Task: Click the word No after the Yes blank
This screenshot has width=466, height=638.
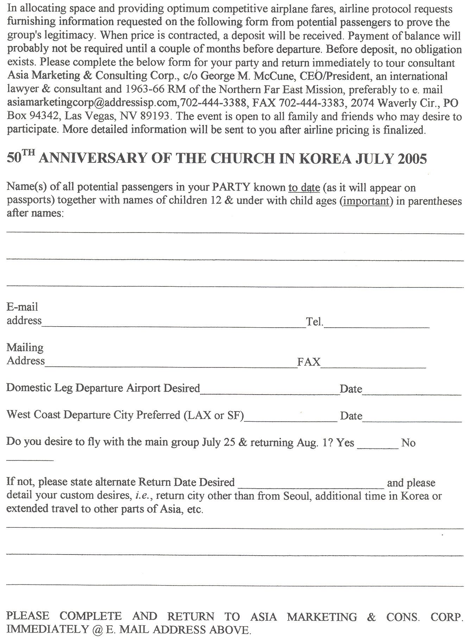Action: pos(408,443)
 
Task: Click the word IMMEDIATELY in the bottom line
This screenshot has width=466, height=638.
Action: pos(48,629)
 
